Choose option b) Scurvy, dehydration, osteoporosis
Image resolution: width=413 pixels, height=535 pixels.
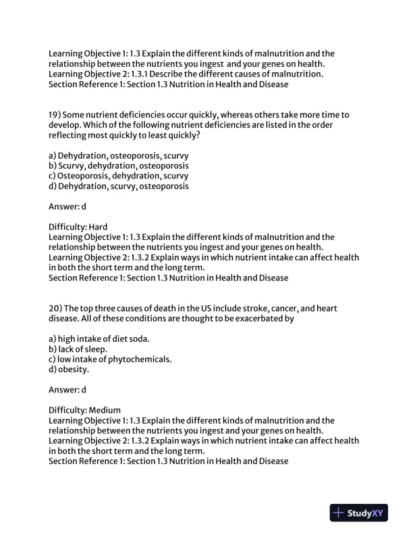pyautogui.click(x=119, y=165)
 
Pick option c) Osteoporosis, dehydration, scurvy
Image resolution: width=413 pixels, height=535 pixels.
pyautogui.click(x=119, y=176)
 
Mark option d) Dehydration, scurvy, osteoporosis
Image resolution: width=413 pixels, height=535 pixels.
pyautogui.click(x=119, y=186)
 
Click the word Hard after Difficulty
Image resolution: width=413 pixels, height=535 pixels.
pyautogui.click(x=99, y=227)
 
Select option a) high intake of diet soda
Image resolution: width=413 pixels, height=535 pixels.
pyautogui.click(x=99, y=338)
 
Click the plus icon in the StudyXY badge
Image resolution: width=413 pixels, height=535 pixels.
pyautogui.click(x=339, y=513)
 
